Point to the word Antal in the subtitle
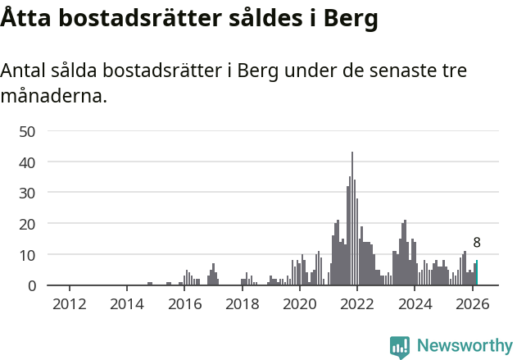tap(25, 71)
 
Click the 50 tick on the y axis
tap(27, 131)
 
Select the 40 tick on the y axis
tap(27, 162)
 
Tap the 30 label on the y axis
tap(27, 193)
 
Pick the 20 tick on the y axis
tap(27, 224)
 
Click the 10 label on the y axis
tap(27, 255)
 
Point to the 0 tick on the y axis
tap(31, 285)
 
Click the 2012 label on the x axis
tap(70, 304)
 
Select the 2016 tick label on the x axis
tap(184, 304)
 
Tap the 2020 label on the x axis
tap(300, 304)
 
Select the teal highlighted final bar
tap(477, 273)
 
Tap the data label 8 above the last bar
tap(477, 243)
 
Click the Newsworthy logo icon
tap(400, 347)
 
